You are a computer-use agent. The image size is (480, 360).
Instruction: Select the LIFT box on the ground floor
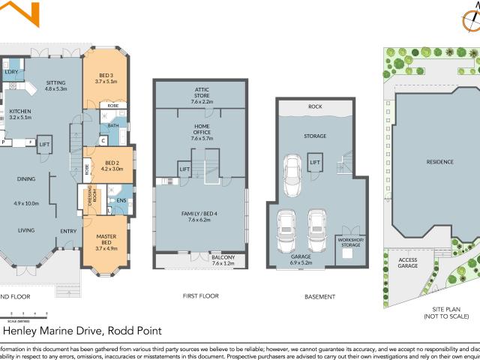[x=44, y=144]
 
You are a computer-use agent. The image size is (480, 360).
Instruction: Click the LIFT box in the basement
[x=316, y=162]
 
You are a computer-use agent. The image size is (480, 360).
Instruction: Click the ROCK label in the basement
[x=316, y=106]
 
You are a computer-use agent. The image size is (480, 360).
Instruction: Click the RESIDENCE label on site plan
[x=440, y=161]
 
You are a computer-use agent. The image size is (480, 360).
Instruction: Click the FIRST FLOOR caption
[x=201, y=296]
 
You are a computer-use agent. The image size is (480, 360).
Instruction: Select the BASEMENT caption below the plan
[x=319, y=297]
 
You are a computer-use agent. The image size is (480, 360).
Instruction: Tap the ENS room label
[x=121, y=201]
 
